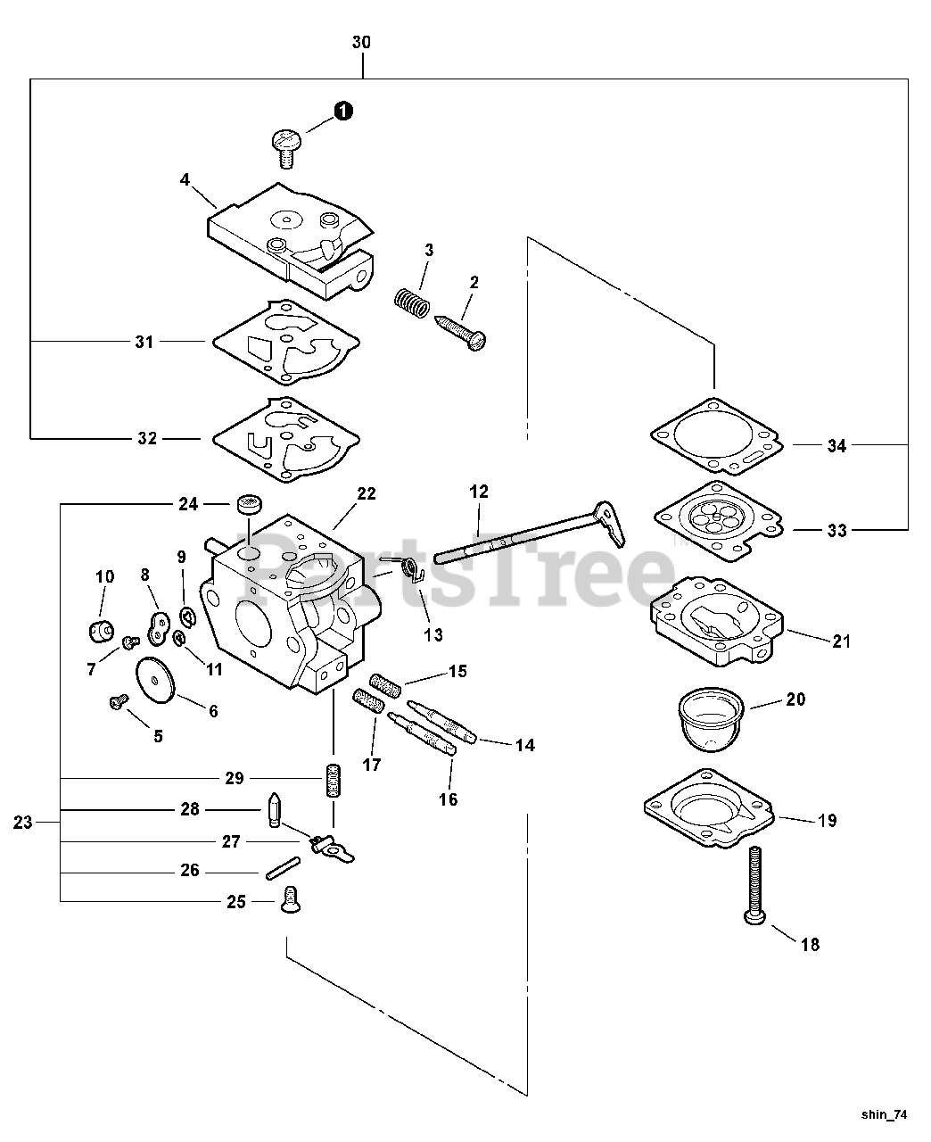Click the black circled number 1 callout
click(x=342, y=111)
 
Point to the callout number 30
click(x=361, y=42)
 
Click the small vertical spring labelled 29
click(x=334, y=782)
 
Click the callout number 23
click(x=23, y=822)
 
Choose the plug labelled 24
click(x=247, y=505)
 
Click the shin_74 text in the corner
click(x=885, y=1114)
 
